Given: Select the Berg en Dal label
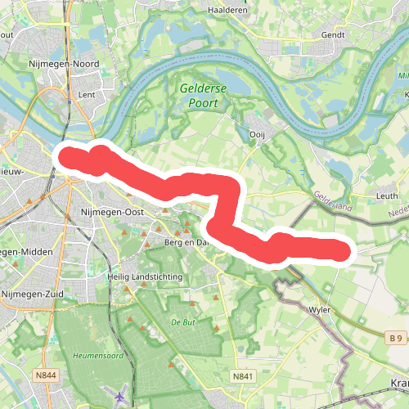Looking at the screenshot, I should (187, 243).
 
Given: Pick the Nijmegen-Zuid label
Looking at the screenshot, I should (34, 294).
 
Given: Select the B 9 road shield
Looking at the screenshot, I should (396, 337).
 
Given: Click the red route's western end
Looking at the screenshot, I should (65, 156).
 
